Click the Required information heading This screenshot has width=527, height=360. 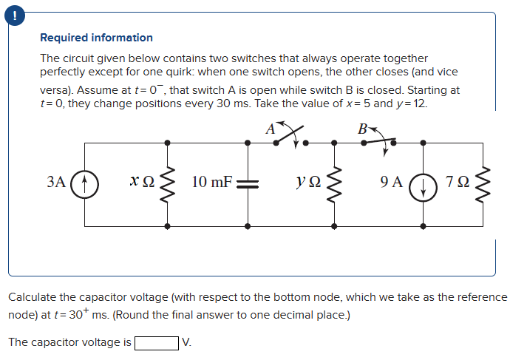(96, 38)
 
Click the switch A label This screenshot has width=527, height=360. (271, 129)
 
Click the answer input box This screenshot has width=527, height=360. (156, 342)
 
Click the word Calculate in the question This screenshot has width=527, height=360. (32, 297)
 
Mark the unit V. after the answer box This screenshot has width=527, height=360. (186, 342)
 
